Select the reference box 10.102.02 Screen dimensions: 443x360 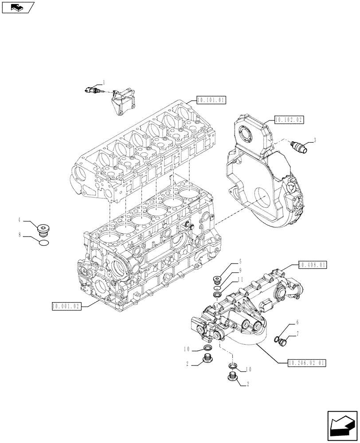289,119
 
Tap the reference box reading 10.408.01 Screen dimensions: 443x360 312,265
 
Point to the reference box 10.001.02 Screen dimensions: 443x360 67,306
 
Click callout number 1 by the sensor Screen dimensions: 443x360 104,82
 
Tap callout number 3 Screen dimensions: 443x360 314,140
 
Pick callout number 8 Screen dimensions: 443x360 20,237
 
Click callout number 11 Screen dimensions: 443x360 240,280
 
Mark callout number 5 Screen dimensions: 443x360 240,261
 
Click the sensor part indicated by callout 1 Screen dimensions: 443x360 94,91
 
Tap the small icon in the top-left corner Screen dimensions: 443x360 17,7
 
